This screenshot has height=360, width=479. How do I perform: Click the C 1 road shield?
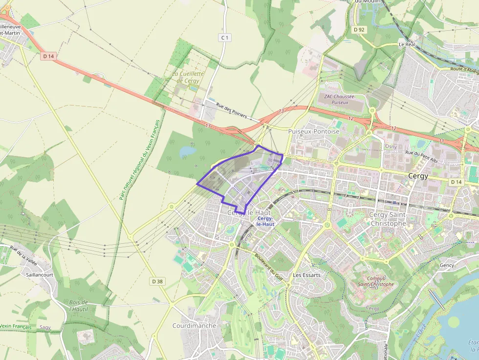coord(224,38)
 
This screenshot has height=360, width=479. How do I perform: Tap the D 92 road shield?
coord(359,30)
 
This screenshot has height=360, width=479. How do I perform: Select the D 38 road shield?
coord(157,281)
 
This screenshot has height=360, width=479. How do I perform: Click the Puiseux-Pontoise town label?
coord(313,131)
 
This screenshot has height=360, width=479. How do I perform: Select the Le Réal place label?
coord(407,44)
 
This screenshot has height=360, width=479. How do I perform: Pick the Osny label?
coord(391,147)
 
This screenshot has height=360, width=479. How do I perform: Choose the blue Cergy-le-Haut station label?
coord(265,221)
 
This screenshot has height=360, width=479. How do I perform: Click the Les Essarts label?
coord(306,275)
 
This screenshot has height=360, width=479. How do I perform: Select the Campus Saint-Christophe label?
coord(376,281)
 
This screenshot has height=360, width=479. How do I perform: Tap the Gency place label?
coord(447,265)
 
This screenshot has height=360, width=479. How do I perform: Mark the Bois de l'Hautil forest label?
coord(78,305)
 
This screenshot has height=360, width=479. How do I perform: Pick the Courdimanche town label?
coord(194,325)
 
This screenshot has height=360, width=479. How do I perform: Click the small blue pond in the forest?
coord(187,152)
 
